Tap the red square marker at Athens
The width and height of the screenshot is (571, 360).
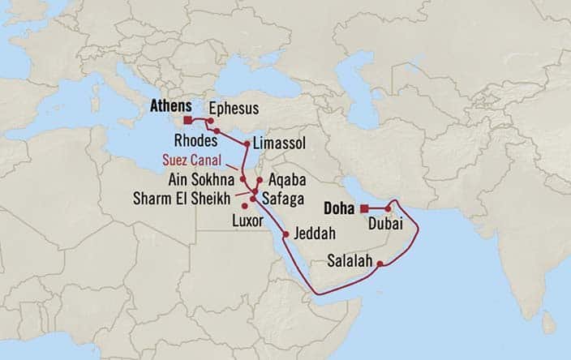tap(188, 120)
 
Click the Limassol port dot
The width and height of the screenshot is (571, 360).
tap(247, 143)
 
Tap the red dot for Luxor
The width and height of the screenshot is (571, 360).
tap(245, 206)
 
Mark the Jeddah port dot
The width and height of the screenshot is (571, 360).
tap(285, 234)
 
